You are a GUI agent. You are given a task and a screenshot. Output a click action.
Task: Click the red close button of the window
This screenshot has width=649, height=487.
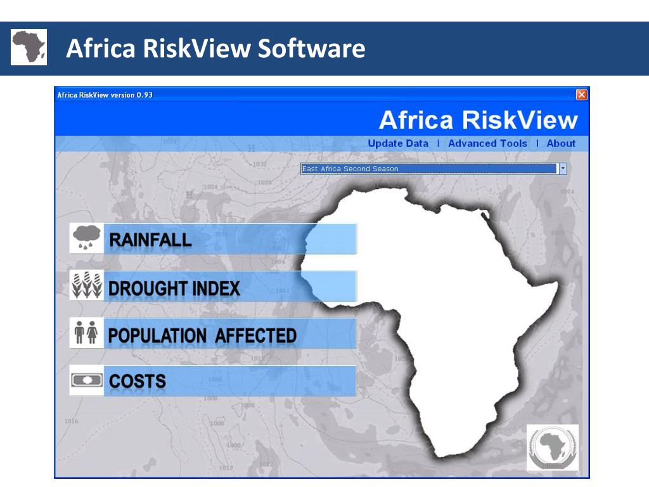tap(581, 94)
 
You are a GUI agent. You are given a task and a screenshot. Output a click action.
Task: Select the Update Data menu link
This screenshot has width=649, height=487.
tap(398, 143)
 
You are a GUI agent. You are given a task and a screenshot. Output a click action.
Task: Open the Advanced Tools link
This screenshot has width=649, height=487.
tap(487, 143)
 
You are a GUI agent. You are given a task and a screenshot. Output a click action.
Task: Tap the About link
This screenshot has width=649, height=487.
tap(561, 143)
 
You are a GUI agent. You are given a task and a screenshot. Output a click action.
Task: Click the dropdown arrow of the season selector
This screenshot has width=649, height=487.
tap(562, 169)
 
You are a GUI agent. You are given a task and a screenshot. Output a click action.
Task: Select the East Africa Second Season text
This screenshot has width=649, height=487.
tap(350, 169)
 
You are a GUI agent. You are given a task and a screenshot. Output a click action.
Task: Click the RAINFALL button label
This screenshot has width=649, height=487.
tap(150, 240)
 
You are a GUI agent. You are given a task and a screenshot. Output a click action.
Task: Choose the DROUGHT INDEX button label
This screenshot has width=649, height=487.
tap(174, 289)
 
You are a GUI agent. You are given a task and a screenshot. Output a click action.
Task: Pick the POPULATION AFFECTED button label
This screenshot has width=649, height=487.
tap(202, 335)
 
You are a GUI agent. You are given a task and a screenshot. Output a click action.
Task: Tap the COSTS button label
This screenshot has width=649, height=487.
tap(138, 381)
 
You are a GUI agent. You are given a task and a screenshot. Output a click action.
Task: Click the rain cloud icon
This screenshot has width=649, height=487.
tap(86, 238)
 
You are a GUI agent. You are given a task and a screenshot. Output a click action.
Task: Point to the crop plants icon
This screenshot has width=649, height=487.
tap(86, 286)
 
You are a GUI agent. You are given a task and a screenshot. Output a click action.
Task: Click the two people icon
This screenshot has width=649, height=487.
tap(86, 333)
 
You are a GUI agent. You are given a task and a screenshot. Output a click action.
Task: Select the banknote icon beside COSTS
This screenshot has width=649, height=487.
tap(86, 380)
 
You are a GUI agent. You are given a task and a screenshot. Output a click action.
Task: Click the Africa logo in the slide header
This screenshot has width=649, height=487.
tap(29, 47)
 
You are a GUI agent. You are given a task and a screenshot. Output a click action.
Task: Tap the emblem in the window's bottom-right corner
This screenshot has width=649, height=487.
tap(552, 448)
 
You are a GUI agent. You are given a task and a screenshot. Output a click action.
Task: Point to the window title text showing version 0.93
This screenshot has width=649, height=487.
tap(105, 95)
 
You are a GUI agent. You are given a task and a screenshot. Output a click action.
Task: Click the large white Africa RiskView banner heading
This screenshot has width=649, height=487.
tap(478, 120)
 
